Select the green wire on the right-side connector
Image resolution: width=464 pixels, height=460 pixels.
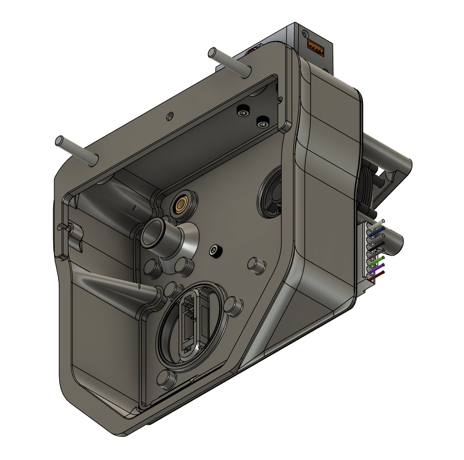377,261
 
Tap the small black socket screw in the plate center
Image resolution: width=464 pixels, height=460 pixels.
214,251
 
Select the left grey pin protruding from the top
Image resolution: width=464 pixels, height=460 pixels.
76,149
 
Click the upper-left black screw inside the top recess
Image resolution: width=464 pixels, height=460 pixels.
243,110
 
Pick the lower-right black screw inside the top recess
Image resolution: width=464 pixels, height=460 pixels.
262,121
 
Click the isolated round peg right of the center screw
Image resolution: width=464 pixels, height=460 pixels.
256,265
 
